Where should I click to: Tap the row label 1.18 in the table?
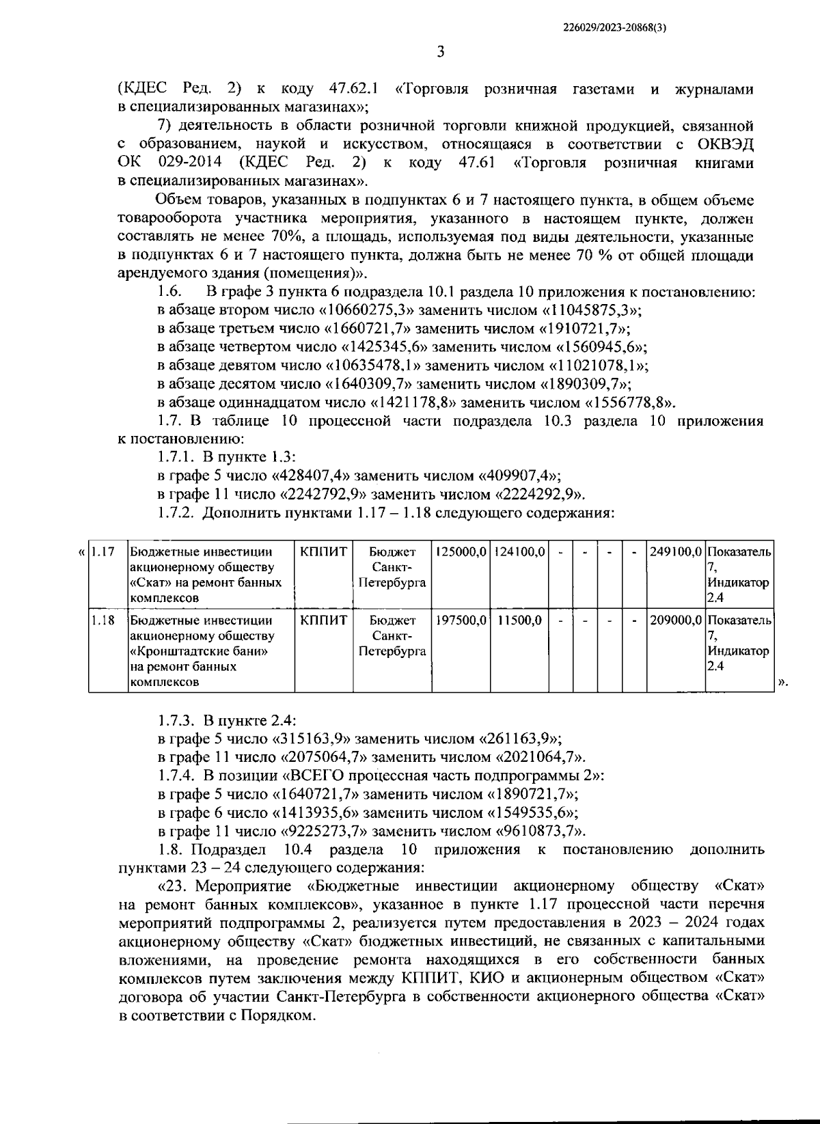click(x=103, y=620)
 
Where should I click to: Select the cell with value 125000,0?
click(x=460, y=551)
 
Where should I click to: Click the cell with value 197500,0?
click(x=460, y=620)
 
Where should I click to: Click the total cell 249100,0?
click(x=675, y=551)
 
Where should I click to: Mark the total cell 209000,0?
click(x=675, y=620)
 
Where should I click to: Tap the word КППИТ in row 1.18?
click(x=324, y=620)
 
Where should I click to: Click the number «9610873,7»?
click(x=539, y=832)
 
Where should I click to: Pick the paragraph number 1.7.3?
click(x=177, y=720)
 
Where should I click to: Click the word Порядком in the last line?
click(x=284, y=1016)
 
